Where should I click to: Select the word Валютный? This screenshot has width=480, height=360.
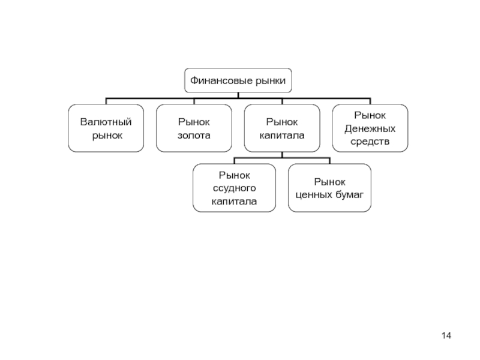106,122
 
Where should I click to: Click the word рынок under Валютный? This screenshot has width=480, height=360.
107,136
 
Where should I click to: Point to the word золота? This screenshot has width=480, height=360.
194,136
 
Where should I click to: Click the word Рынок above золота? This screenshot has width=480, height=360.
194,122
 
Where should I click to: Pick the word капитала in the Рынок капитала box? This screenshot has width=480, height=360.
282,136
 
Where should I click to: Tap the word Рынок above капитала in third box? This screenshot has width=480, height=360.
282,122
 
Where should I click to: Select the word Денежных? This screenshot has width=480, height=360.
370,129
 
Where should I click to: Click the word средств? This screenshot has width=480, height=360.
370,142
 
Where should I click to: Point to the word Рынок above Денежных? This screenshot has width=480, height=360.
370,115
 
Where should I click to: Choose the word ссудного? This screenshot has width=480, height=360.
234,188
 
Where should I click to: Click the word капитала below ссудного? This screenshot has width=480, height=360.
234,202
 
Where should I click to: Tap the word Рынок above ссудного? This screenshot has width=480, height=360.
234,175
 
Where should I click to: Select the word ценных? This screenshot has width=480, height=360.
312,195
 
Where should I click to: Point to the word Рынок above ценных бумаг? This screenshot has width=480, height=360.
329,182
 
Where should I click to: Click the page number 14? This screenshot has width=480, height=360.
446,335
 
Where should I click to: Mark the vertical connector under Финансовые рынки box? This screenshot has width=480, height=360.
238,95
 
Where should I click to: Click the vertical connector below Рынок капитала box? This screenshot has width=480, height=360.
282,155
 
